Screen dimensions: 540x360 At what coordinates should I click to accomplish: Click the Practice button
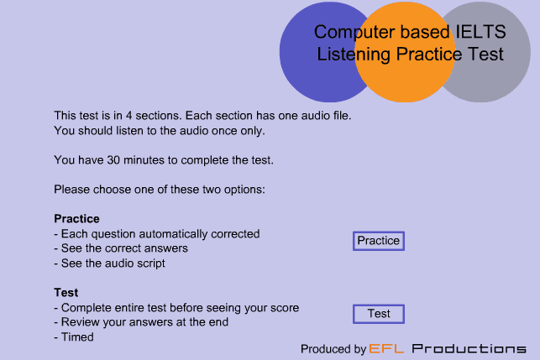[x=379, y=241]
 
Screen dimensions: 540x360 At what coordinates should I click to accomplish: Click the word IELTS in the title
[x=480, y=32]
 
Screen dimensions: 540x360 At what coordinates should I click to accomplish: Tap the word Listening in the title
[x=354, y=55]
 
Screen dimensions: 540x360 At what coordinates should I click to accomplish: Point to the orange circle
[x=405, y=52]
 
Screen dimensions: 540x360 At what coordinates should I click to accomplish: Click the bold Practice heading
[x=76, y=218]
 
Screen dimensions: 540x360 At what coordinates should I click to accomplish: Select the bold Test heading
[x=66, y=293]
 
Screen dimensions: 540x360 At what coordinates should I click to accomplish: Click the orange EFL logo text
[x=386, y=348]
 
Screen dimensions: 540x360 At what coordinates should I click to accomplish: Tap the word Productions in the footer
[x=469, y=348]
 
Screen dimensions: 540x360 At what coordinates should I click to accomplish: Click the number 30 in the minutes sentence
[x=113, y=160]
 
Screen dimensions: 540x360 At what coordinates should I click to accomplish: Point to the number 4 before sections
[x=128, y=115]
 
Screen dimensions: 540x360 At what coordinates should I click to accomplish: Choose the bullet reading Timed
[x=74, y=337]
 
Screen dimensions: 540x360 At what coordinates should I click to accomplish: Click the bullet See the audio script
[x=109, y=263]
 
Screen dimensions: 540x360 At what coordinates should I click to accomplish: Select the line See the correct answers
[x=121, y=248]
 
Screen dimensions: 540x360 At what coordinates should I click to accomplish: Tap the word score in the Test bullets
[x=285, y=308]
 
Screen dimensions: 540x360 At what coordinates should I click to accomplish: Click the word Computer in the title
[x=355, y=33]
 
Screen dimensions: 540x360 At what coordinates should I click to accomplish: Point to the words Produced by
[x=333, y=349]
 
